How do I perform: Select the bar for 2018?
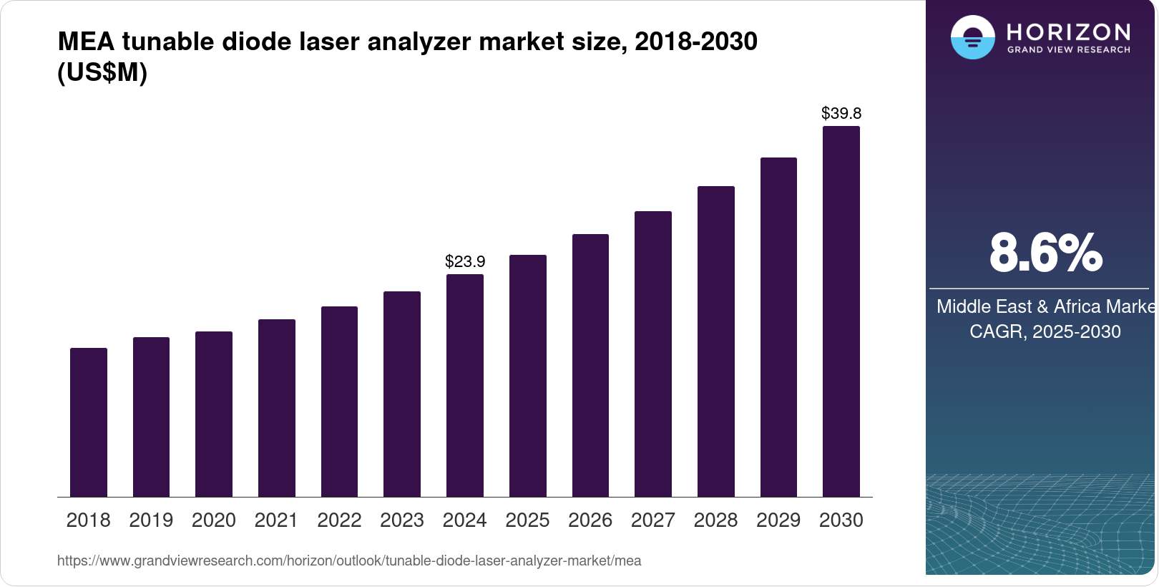pyautogui.click(x=89, y=422)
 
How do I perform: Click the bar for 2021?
pyautogui.click(x=277, y=408)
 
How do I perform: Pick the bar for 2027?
pyautogui.click(x=653, y=354)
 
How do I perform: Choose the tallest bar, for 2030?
pyautogui.click(x=841, y=311)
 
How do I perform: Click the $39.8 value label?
pyautogui.click(x=841, y=113)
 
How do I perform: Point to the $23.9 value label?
pyautogui.click(x=465, y=261)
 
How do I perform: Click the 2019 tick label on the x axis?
pyautogui.click(x=151, y=520)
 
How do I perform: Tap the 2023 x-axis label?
pyautogui.click(x=402, y=520)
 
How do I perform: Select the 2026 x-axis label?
pyautogui.click(x=590, y=520)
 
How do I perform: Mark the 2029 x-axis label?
pyautogui.click(x=778, y=520)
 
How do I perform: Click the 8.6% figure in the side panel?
pyautogui.click(x=1045, y=253)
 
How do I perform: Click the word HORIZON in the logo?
pyautogui.click(x=1068, y=32)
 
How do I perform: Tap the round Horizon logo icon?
pyautogui.click(x=972, y=37)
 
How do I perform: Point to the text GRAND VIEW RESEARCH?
pyautogui.click(x=1068, y=50)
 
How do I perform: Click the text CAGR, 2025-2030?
pyautogui.click(x=1045, y=331)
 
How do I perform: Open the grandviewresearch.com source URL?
pyautogui.click(x=349, y=561)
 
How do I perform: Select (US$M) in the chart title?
pyautogui.click(x=102, y=73)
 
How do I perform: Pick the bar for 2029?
pyautogui.click(x=778, y=327)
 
